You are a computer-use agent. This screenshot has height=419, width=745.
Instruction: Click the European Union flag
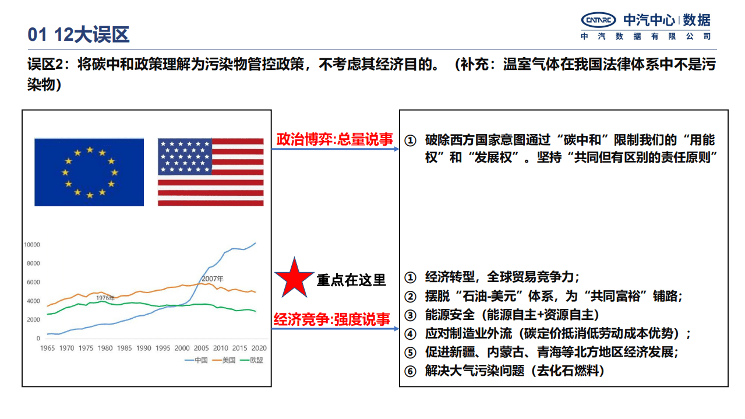(x=89, y=172)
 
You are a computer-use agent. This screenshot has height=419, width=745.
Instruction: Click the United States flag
(x=210, y=172)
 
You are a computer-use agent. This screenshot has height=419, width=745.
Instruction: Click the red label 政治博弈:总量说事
(x=334, y=140)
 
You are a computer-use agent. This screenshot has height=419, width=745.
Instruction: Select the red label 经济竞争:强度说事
(x=332, y=319)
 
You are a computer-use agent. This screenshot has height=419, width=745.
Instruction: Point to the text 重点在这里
(x=351, y=280)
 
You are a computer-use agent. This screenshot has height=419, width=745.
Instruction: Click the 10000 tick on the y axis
(x=31, y=245)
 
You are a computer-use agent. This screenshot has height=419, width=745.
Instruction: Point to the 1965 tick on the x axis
(x=48, y=348)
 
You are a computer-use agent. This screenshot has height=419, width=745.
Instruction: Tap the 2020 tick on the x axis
(x=259, y=348)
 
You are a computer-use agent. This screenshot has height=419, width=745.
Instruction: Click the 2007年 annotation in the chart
(x=213, y=279)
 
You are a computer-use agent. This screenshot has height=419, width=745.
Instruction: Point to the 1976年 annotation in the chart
(x=105, y=298)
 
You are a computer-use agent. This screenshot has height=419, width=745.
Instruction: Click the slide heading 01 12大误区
(x=79, y=35)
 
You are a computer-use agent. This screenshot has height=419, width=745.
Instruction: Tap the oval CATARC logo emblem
(x=598, y=21)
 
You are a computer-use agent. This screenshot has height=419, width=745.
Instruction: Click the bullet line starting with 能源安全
(x=503, y=315)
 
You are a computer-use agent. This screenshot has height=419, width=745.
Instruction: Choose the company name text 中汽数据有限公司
(x=645, y=36)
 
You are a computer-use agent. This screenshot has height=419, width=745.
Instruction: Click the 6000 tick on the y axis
(x=33, y=283)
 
